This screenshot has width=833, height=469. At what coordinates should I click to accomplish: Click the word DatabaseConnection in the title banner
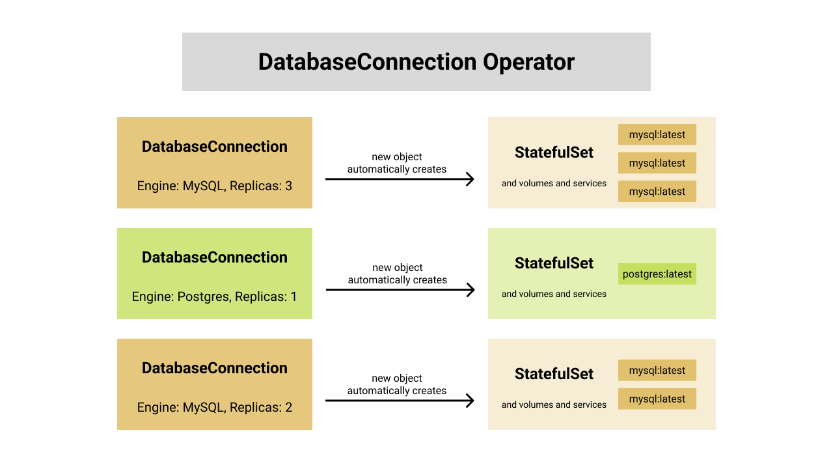pyautogui.click(x=367, y=62)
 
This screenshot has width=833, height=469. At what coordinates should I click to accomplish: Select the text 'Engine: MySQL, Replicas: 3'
pyautogui.click(x=214, y=186)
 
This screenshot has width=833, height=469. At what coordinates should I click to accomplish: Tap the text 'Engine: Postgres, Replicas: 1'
pyautogui.click(x=214, y=296)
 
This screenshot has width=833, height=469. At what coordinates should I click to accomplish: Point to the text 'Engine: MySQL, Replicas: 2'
pyautogui.click(x=214, y=407)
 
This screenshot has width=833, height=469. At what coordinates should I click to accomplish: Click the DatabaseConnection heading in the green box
pyautogui.click(x=214, y=257)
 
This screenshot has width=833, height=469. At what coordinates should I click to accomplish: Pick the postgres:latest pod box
pyautogui.click(x=657, y=274)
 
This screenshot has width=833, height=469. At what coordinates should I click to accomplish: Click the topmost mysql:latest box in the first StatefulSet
pyautogui.click(x=657, y=135)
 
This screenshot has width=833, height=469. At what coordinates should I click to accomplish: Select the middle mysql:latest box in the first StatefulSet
pyautogui.click(x=657, y=163)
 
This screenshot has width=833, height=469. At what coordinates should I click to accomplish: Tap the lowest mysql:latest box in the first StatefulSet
pyautogui.click(x=657, y=192)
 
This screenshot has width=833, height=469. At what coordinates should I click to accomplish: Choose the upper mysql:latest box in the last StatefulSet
pyautogui.click(x=657, y=370)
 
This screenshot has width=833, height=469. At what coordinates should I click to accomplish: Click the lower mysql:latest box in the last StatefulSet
pyautogui.click(x=657, y=399)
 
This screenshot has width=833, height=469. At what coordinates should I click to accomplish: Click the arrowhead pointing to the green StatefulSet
pyautogui.click(x=471, y=290)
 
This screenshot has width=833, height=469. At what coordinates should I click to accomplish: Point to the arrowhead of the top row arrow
pyautogui.click(x=471, y=179)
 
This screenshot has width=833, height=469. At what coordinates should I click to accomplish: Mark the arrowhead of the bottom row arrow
pyautogui.click(x=471, y=401)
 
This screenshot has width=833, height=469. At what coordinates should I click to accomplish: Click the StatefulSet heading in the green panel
pyautogui.click(x=554, y=263)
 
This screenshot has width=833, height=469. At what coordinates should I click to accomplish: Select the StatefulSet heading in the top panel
pyautogui.click(x=554, y=152)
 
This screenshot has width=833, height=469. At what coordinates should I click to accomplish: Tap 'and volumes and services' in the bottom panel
pyautogui.click(x=554, y=405)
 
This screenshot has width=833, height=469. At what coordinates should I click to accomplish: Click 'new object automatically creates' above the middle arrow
pyautogui.click(x=397, y=274)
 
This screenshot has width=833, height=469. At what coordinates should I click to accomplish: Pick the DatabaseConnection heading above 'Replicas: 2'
pyautogui.click(x=214, y=368)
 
